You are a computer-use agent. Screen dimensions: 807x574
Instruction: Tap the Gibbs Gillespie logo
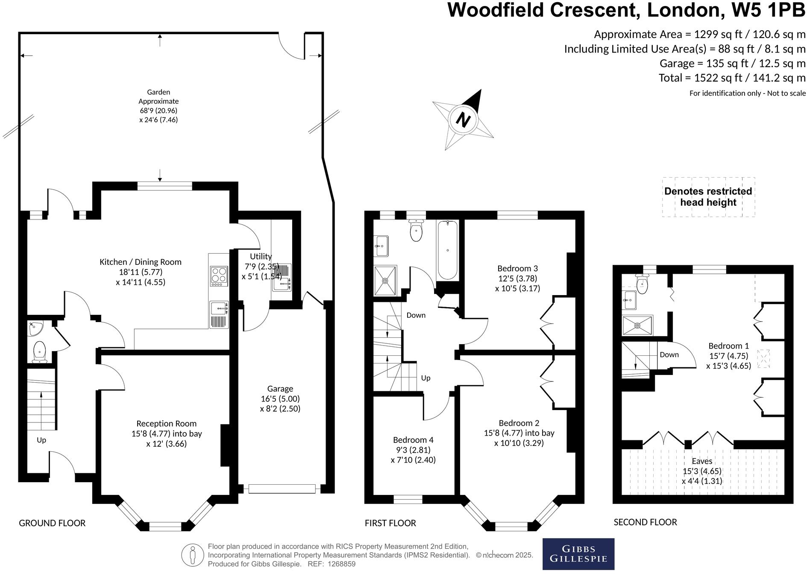[x=578, y=554]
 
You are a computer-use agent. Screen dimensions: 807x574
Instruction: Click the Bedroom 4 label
[x=413, y=440]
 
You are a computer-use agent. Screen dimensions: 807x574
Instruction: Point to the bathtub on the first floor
[x=447, y=250]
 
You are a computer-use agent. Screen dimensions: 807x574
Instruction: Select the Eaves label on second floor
[x=702, y=461]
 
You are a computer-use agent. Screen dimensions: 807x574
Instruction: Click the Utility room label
[x=261, y=256]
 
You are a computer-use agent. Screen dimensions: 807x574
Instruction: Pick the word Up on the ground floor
[x=41, y=440]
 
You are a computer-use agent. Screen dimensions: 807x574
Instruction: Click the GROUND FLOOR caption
[x=52, y=523]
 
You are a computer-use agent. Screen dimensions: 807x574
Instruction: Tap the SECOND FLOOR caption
[x=645, y=522]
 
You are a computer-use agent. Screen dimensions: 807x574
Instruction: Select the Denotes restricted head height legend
[x=708, y=197]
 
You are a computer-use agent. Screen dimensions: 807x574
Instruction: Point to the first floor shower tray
[x=385, y=281]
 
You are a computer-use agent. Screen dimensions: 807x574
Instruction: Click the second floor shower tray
[x=637, y=325]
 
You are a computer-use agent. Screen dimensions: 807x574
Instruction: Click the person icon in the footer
[x=192, y=555]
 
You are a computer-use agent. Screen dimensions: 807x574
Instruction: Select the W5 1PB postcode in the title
[x=769, y=10]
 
